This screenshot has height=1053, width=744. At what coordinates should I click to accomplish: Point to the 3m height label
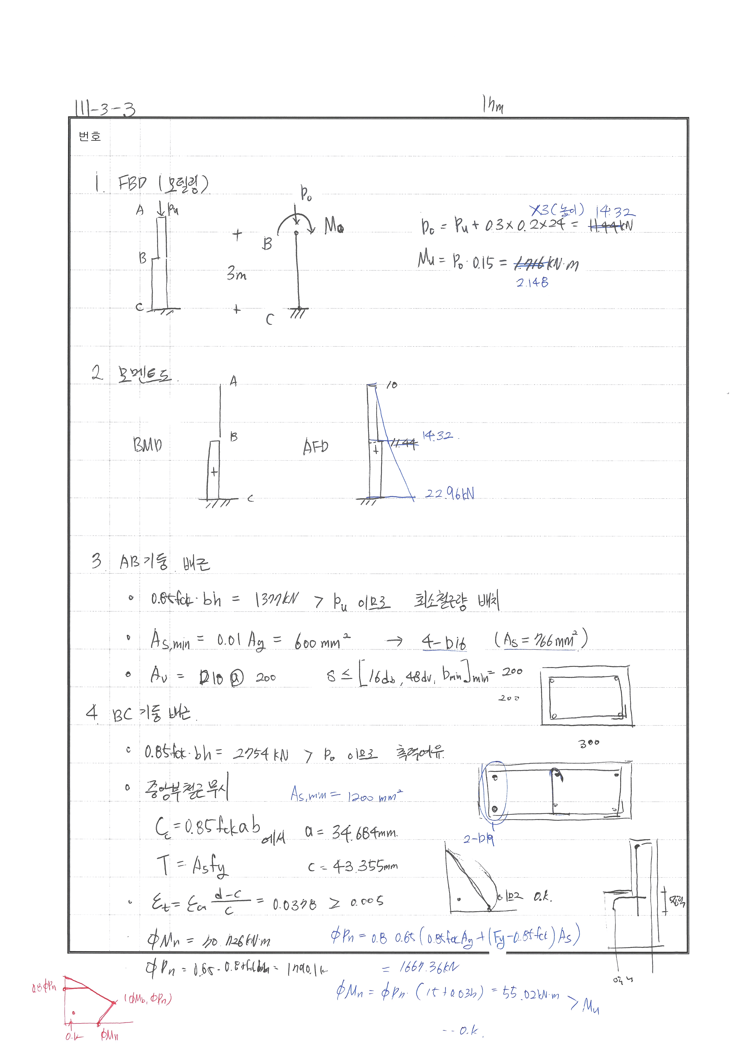tap(237, 274)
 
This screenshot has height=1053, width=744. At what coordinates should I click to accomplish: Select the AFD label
tap(315, 446)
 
